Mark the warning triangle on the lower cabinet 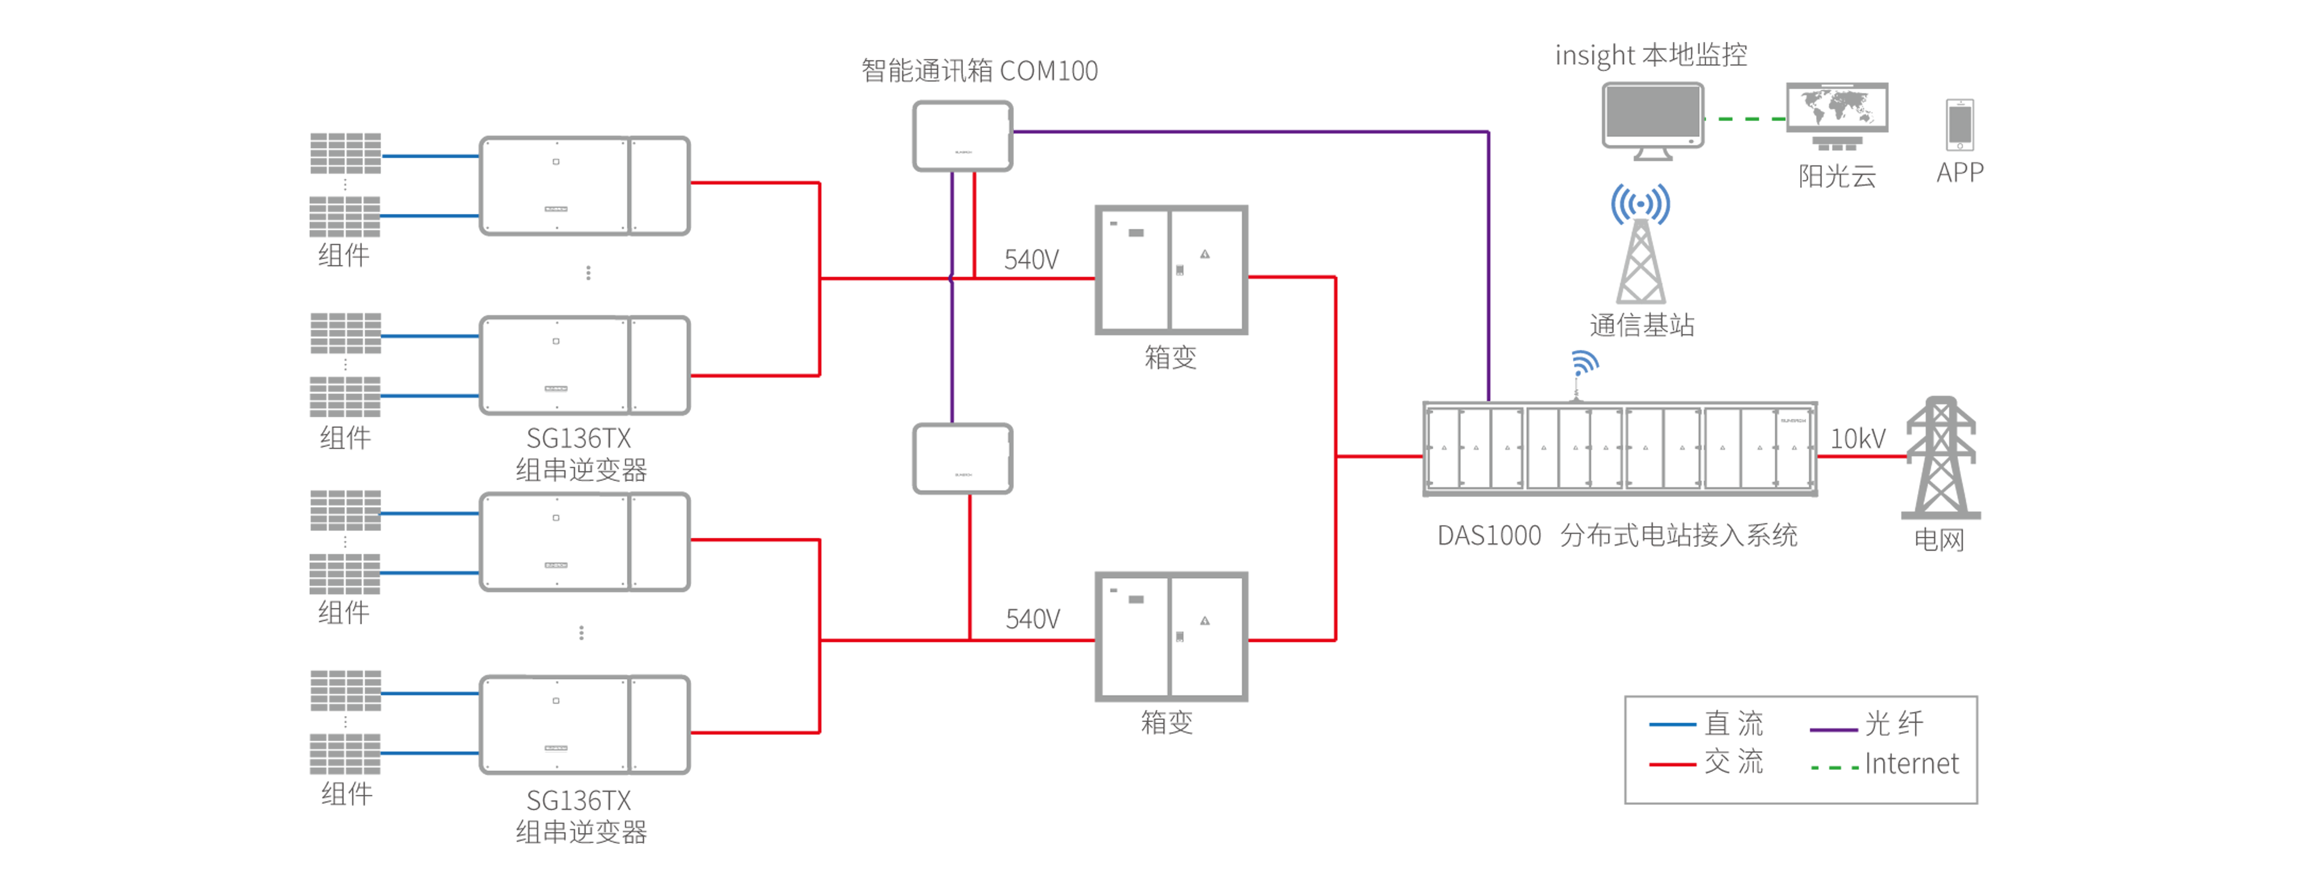(1205, 621)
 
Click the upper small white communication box (962, 136)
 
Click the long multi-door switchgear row (1619, 448)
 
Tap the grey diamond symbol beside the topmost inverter (345, 185)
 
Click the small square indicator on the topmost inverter (556, 162)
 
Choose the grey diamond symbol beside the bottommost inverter (345, 722)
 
